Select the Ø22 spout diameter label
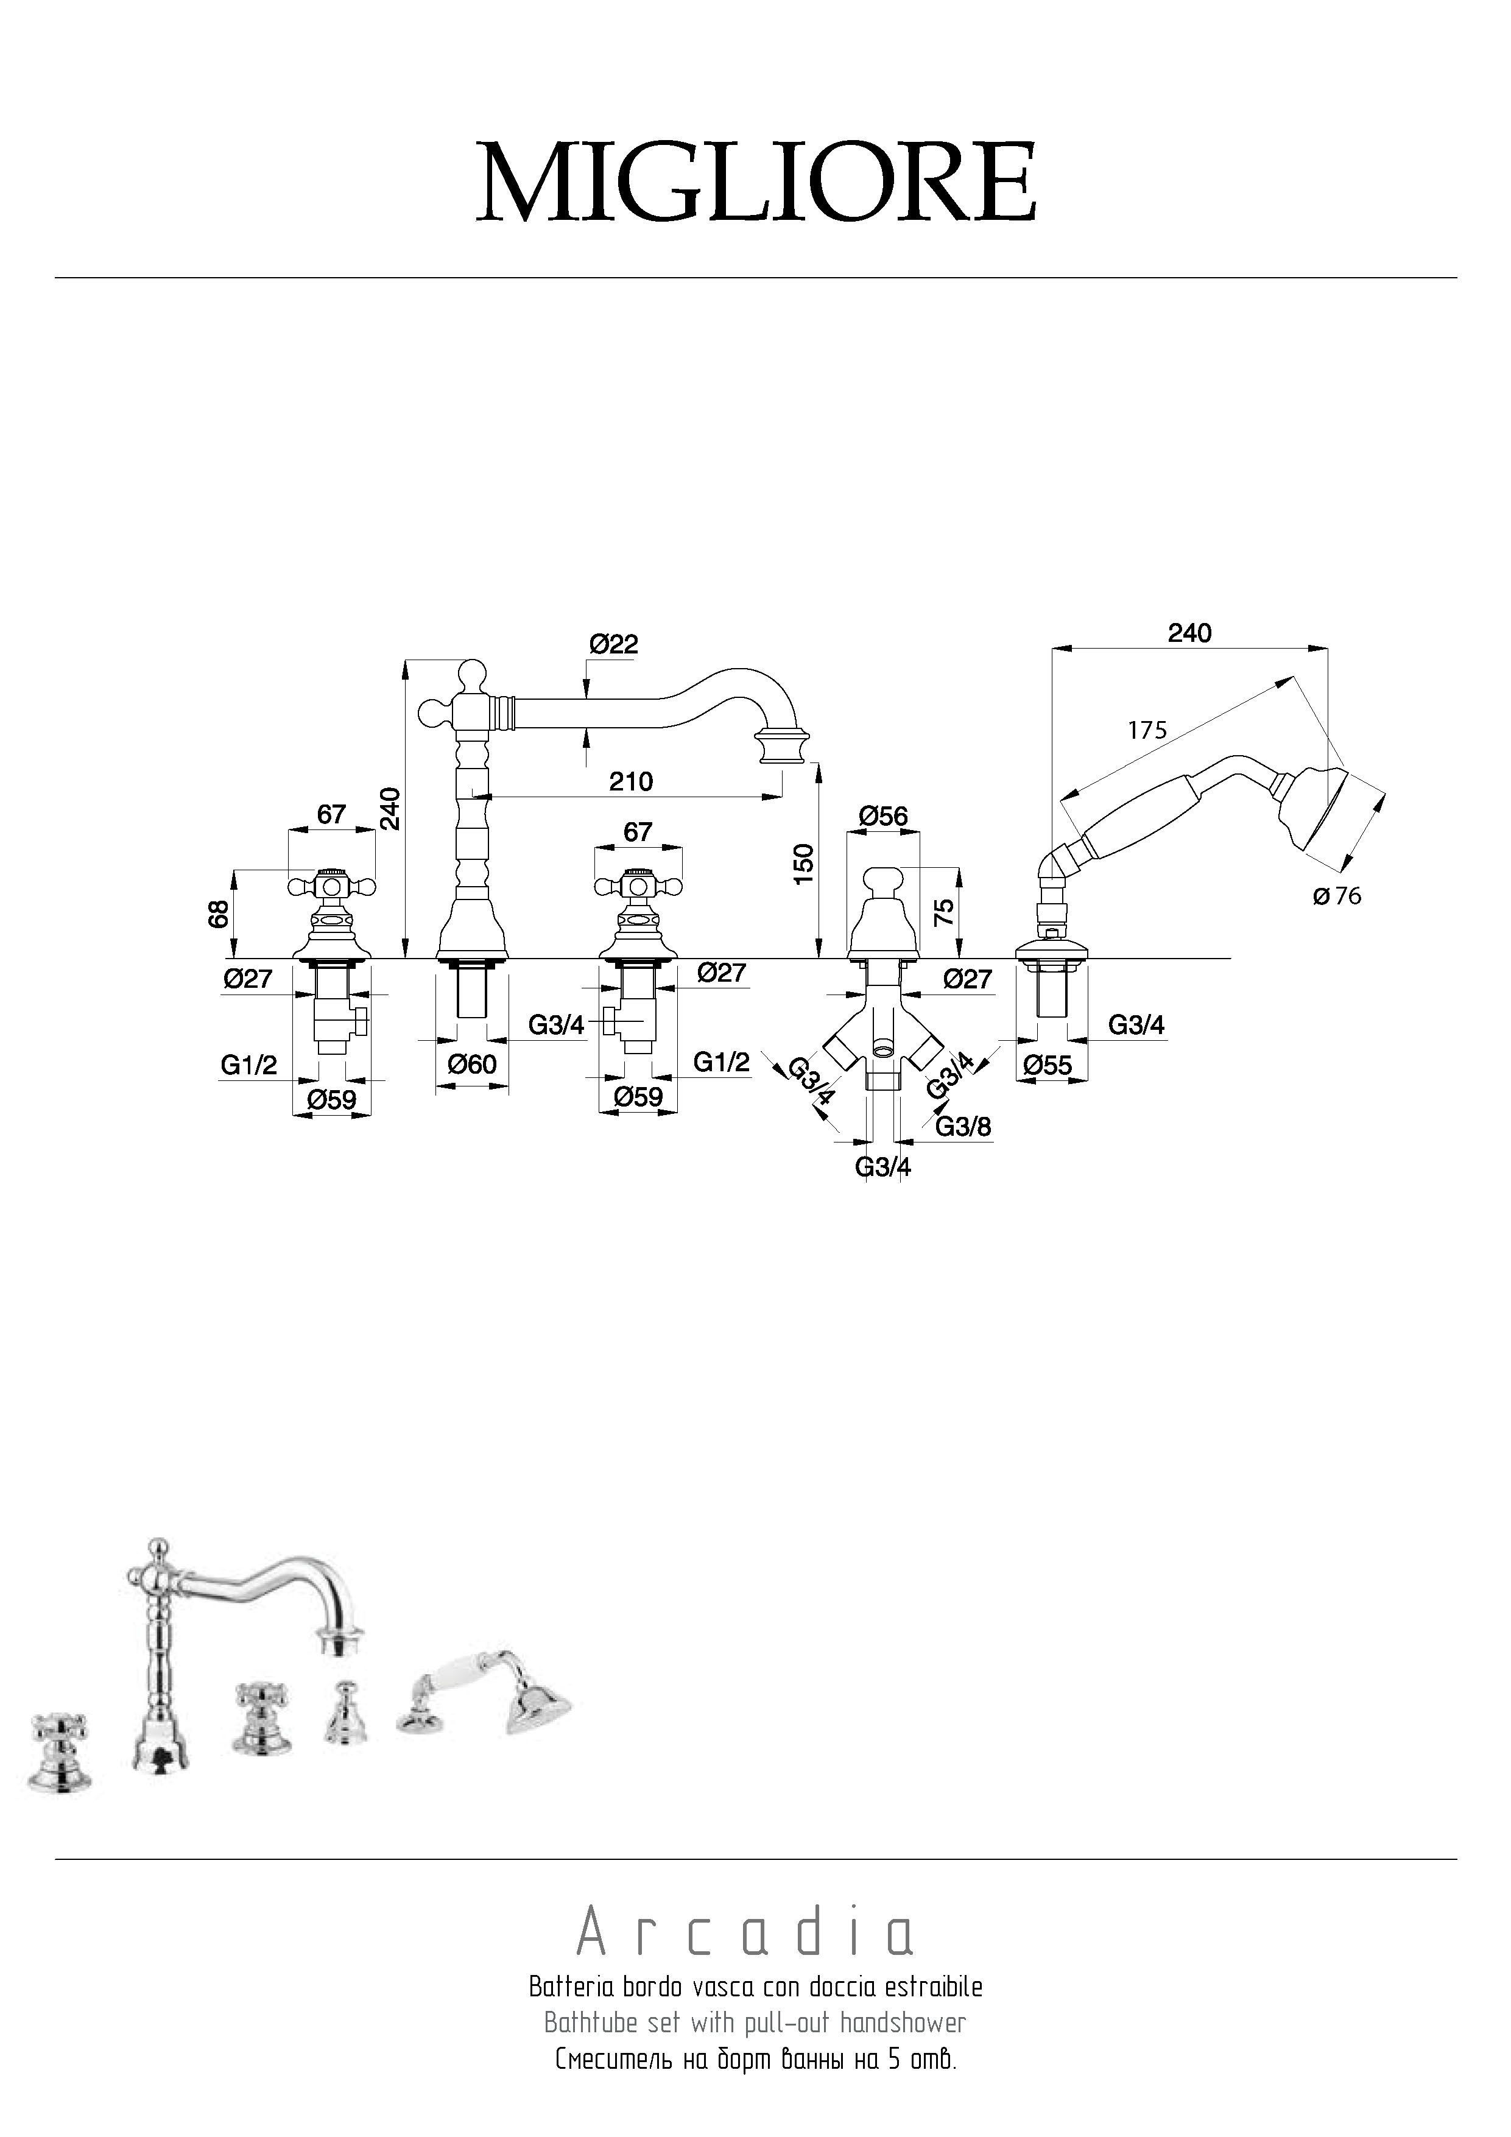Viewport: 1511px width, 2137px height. tap(613, 644)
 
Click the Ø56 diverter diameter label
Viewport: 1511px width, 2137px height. tap(882, 816)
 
